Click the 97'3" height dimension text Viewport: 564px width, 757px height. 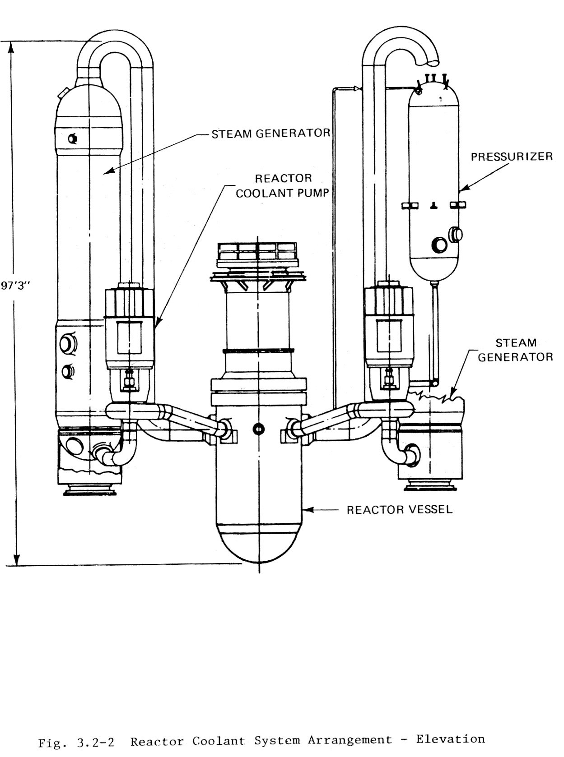pyautogui.click(x=16, y=286)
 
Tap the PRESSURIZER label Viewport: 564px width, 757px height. pyautogui.click(x=511, y=157)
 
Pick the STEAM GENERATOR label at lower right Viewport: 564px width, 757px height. pyautogui.click(x=515, y=350)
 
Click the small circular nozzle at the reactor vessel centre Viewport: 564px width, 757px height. pyautogui.click(x=258, y=428)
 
